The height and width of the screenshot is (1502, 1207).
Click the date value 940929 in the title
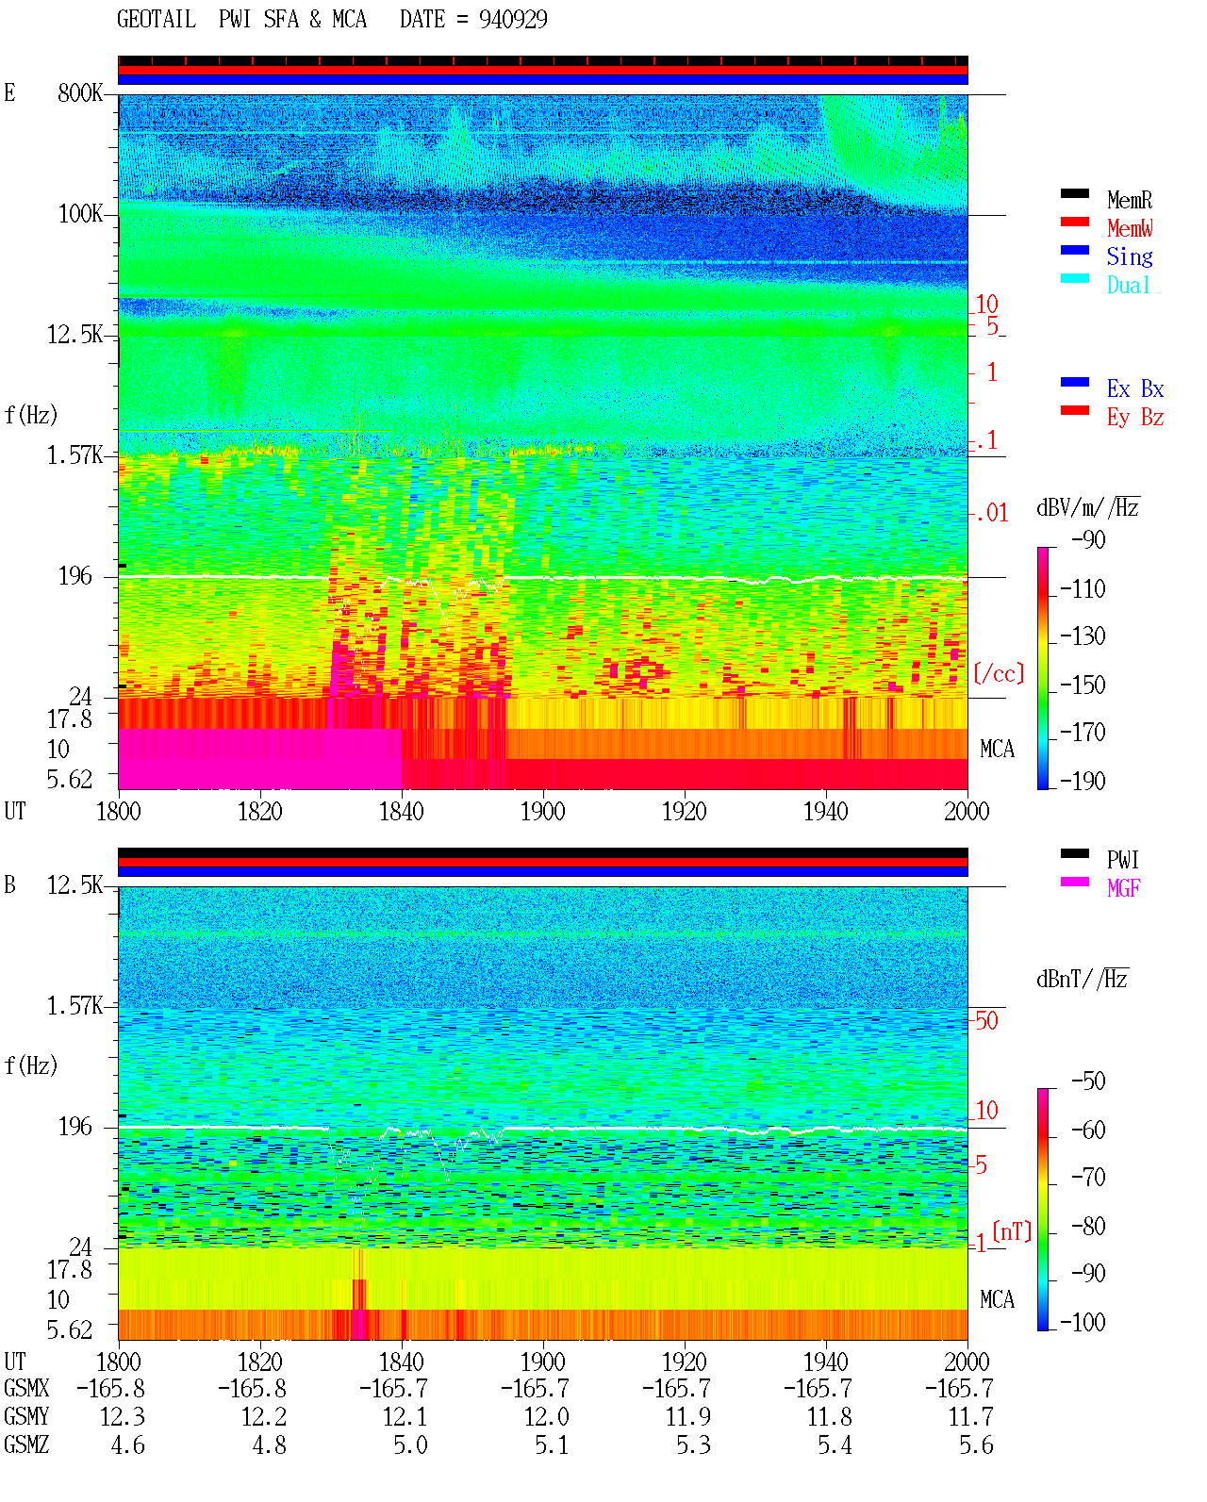coord(512,19)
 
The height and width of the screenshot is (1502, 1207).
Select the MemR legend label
coord(1129,200)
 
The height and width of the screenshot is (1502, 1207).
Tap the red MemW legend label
coord(1130,228)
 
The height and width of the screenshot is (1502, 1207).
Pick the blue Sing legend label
coord(1129,256)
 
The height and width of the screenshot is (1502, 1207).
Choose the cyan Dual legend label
coord(1128,285)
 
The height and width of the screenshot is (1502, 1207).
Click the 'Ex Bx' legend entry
coord(1135,388)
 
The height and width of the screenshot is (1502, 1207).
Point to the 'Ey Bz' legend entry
coord(1135,418)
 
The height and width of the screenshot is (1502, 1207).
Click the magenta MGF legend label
coord(1123,888)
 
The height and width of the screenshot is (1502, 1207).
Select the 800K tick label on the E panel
coord(80,92)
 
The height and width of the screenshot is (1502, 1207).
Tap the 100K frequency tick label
coord(80,214)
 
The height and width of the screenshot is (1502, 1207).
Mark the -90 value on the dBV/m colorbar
coord(1088,539)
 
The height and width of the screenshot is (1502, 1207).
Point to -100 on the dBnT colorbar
coord(1083,1322)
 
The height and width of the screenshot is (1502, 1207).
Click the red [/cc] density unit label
coord(999,673)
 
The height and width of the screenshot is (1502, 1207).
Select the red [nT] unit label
coord(1012,1231)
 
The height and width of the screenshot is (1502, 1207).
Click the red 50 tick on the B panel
coord(986,1020)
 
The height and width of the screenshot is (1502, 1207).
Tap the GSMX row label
coord(26,1388)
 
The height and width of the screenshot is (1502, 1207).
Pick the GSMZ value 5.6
coord(976,1444)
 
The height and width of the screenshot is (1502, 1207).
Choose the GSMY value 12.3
coord(123,1416)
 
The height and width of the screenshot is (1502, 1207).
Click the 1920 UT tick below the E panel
coord(685,811)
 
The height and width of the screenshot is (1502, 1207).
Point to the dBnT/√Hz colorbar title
coord(1083,980)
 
